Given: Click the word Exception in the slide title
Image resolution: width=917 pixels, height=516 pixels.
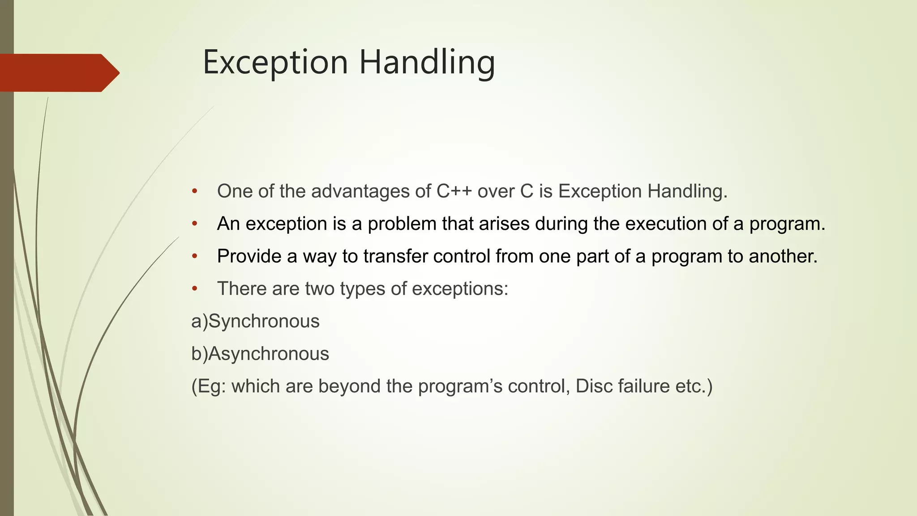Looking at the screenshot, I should (275, 63).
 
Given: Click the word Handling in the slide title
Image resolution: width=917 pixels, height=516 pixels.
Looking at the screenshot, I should (427, 63).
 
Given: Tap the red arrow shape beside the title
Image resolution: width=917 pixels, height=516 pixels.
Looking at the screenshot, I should (58, 73).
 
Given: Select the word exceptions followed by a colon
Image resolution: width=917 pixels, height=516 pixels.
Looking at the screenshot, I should (460, 289).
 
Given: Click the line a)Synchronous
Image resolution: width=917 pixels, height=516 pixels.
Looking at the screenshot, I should (255, 321).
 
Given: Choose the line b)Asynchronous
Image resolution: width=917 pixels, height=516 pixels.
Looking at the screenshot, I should (260, 354).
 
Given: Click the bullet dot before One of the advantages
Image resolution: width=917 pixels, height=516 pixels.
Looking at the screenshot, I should (194, 192).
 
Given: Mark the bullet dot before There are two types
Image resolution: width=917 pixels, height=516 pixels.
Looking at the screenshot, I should (194, 289).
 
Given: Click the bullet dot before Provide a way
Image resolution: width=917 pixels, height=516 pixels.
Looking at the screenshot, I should (194, 256).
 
